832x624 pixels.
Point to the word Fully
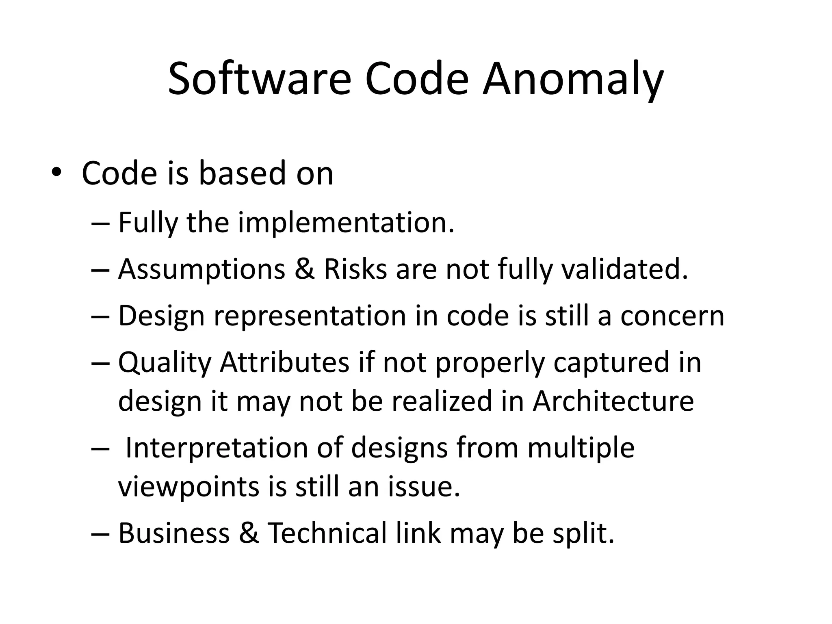[148, 223]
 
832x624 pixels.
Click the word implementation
[346, 223]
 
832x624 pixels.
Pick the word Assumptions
[201, 269]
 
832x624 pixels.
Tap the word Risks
[355, 269]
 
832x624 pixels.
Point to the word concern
[672, 316]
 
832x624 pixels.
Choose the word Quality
[165, 362]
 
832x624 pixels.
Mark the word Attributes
[284, 362]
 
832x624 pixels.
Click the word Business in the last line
[174, 533]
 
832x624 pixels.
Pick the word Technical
[327, 533]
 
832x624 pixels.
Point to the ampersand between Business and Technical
[249, 533]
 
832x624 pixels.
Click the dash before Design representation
[100, 316]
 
